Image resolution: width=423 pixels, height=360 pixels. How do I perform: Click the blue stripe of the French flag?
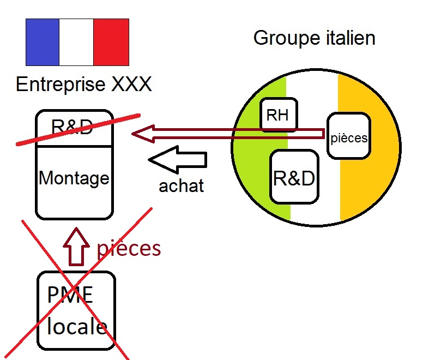pyautogui.click(x=42, y=42)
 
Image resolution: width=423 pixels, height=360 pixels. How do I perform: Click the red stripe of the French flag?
pyautogui.click(x=111, y=42)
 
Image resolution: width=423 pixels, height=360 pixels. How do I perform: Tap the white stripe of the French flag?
pyautogui.click(x=76, y=42)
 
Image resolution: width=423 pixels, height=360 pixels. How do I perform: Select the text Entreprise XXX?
pyautogui.click(x=83, y=85)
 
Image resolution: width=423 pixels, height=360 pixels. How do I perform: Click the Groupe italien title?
pyautogui.click(x=315, y=38)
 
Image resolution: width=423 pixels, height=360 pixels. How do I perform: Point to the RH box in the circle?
pyautogui.click(x=279, y=115)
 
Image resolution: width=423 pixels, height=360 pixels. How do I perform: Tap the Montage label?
pyautogui.click(x=74, y=178)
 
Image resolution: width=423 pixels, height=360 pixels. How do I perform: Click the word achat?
pyautogui.click(x=181, y=185)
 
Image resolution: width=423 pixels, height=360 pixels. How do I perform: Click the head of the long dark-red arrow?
pyautogui.click(x=141, y=134)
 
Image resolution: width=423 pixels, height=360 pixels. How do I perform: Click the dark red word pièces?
pyautogui.click(x=129, y=249)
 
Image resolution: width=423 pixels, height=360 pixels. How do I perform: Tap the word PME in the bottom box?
pyautogui.click(x=70, y=295)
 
